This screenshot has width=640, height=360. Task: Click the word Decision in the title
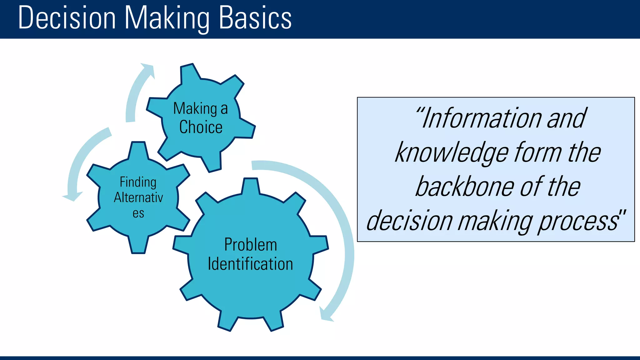point(67,18)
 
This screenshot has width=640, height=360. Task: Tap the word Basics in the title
point(255,18)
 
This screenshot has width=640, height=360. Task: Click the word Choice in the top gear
point(201,127)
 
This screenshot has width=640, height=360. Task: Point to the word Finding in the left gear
point(138,182)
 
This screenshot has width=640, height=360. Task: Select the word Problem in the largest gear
point(251,245)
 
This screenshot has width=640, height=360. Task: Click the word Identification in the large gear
point(250,264)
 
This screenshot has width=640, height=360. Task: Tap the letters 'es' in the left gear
point(138,214)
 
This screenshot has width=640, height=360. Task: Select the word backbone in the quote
point(465,187)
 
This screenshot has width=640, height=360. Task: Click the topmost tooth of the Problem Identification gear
point(250,186)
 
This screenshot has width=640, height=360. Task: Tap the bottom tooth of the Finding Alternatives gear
point(138,246)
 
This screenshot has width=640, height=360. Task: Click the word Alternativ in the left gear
point(138,198)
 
